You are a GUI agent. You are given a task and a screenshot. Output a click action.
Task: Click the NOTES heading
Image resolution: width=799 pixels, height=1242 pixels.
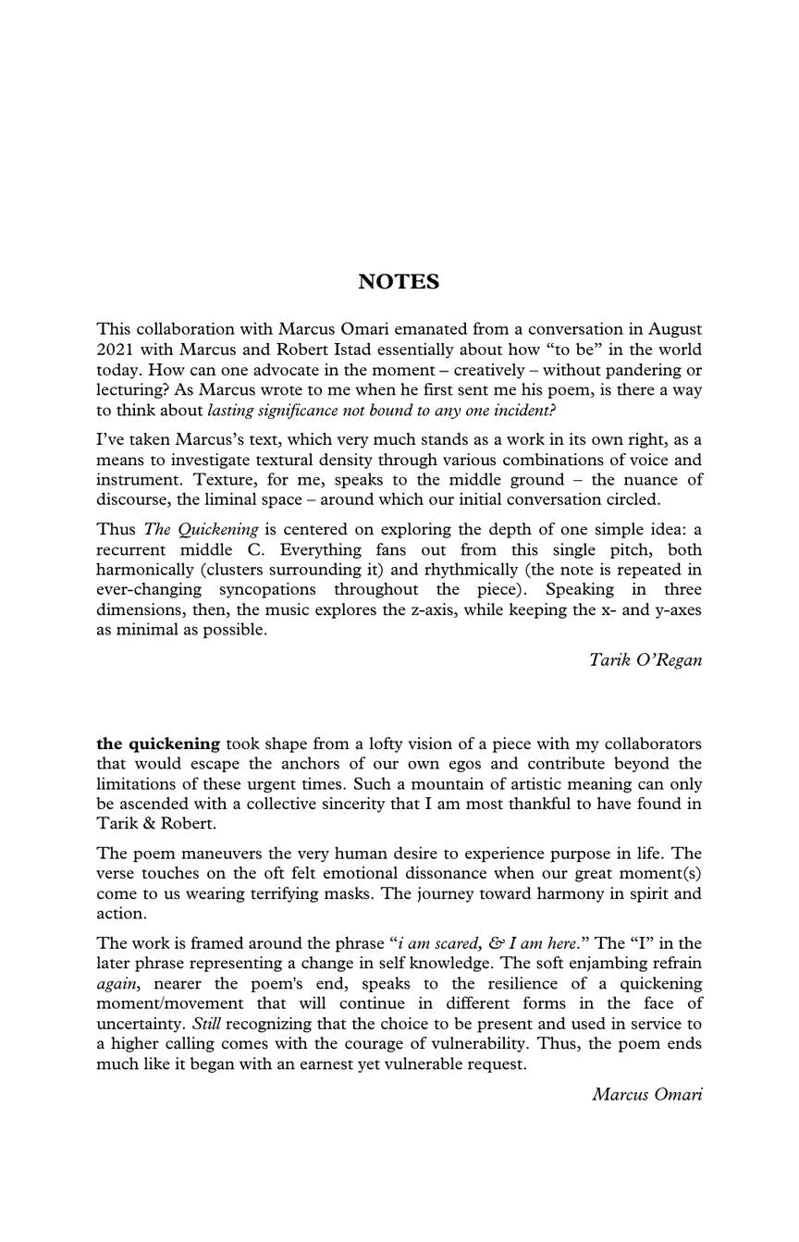399,282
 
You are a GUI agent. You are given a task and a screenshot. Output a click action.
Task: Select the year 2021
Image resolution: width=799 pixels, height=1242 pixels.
116,350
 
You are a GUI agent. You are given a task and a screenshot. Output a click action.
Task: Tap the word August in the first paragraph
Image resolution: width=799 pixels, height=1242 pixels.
674,329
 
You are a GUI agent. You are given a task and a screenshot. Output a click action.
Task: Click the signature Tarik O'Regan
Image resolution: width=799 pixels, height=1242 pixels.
645,660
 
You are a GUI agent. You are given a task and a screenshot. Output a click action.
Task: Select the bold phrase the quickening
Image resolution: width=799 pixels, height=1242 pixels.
158,744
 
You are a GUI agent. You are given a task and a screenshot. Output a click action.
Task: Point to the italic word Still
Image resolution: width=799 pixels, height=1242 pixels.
207,1024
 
